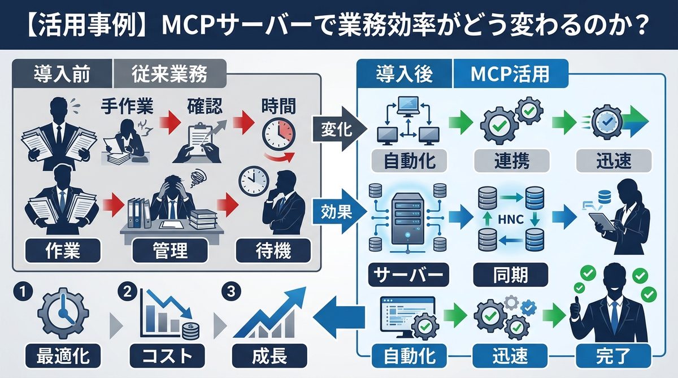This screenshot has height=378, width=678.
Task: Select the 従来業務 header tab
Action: tap(169, 73)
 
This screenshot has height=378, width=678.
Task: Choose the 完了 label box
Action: tap(613, 357)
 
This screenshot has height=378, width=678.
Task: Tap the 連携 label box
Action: tap(510, 162)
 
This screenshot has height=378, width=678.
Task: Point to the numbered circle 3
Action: tap(230, 292)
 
